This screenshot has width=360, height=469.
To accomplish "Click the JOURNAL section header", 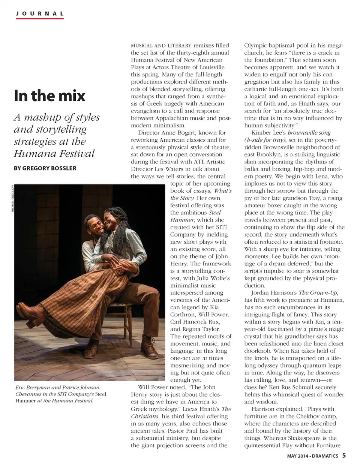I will click(x=40, y=13).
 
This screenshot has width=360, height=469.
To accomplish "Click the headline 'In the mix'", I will click(x=49, y=96).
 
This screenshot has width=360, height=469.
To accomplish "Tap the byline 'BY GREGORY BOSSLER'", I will click(x=45, y=168).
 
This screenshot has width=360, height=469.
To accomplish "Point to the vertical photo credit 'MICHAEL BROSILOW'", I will click(x=12, y=199).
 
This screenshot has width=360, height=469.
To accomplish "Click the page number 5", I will click(x=343, y=456).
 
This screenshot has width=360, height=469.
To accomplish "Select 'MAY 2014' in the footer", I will click(x=297, y=457).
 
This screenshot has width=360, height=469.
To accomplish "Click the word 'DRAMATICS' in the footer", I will click(x=325, y=457).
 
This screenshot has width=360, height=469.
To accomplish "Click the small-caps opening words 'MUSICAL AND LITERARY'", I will click(x=161, y=45).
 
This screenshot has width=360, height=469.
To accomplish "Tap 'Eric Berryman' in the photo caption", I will click(x=32, y=388).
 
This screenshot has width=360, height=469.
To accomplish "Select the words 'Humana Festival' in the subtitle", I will click(x=54, y=153).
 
